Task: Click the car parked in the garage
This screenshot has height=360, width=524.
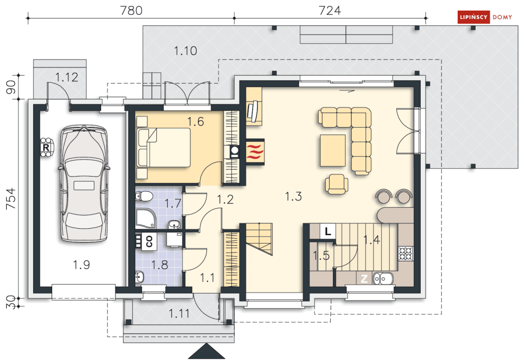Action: coord(84,183)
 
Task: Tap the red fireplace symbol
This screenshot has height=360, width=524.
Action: coord(255,151)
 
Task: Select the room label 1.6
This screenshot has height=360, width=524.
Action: coord(195,121)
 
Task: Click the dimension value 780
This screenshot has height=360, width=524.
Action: coord(131,11)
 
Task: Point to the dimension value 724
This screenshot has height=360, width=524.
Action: coord(330,11)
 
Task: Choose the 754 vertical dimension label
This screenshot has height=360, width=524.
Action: coord(11,198)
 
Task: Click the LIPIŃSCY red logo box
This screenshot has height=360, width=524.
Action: coord(473,17)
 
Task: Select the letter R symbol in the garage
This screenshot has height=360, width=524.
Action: coord(46,147)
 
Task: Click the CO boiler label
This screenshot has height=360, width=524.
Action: coord(149,241)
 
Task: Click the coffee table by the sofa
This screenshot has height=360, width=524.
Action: coord(332,150)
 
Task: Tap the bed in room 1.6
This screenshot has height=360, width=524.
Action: coord(163,148)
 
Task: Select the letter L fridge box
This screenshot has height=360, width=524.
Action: coord(328,231)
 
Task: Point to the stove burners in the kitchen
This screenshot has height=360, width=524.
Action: coord(406,254)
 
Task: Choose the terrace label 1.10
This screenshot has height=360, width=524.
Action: coord(185,51)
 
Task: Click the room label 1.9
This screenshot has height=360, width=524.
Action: coord(81,265)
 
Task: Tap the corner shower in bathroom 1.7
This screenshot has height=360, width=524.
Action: coord(145,218)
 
